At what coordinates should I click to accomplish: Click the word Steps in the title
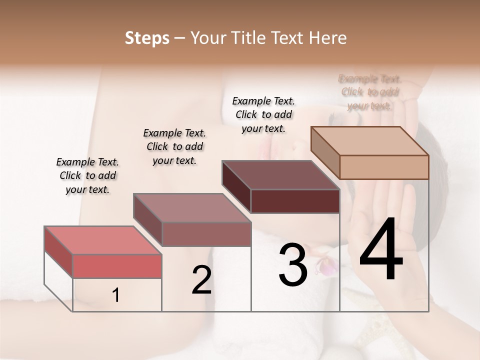point(147,38)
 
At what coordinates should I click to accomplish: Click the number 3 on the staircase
point(293,265)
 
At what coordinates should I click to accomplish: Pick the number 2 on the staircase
point(201,280)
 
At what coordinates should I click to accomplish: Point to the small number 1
point(116,295)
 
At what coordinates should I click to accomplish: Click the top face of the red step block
point(103,240)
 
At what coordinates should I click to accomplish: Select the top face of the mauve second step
point(192,208)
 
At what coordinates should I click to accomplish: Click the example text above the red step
point(87,175)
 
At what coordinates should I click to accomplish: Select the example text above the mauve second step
point(174,146)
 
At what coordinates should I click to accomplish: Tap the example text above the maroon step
point(263,114)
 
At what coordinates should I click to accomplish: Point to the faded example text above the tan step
point(369,92)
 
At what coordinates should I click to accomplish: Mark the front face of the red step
point(117,266)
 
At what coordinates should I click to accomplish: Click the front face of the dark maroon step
point(295,201)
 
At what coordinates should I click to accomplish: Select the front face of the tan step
point(384,167)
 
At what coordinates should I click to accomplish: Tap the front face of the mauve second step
point(206,234)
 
